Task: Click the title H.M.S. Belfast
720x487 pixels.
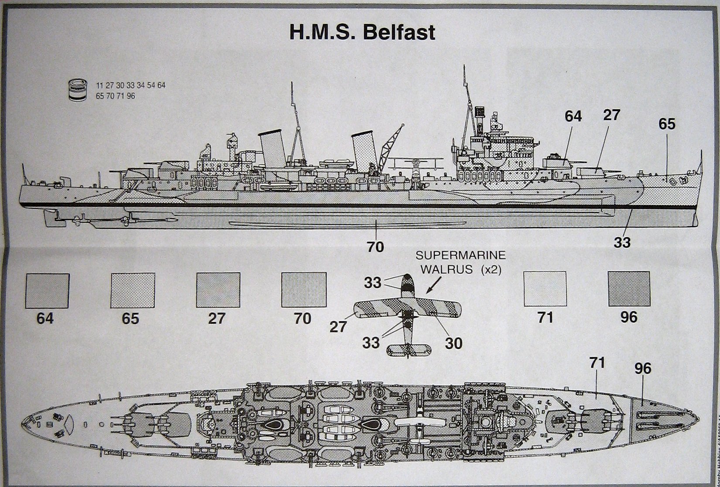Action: click(x=362, y=32)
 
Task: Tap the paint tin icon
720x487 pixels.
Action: click(x=79, y=90)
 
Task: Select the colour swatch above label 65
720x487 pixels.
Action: click(x=133, y=290)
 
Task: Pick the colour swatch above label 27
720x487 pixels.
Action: click(x=218, y=290)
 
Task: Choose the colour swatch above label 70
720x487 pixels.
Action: click(x=304, y=290)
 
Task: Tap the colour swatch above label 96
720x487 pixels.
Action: click(x=629, y=288)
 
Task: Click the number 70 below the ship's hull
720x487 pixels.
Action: click(x=375, y=247)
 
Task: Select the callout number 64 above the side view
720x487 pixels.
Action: click(x=573, y=116)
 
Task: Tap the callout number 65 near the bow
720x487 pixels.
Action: click(x=667, y=124)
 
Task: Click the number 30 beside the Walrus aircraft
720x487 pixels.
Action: click(x=454, y=344)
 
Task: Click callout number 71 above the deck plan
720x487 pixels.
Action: click(x=598, y=363)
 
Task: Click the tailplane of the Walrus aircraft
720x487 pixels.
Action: click(x=409, y=349)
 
